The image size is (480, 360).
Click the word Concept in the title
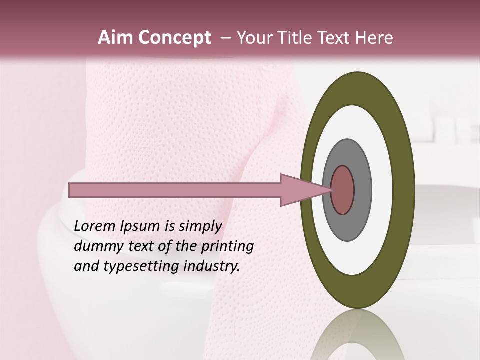(x=174, y=38)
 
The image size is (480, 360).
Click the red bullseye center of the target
(x=342, y=190)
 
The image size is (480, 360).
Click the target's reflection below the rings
(x=357, y=337)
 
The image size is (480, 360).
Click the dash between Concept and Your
(x=225, y=38)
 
